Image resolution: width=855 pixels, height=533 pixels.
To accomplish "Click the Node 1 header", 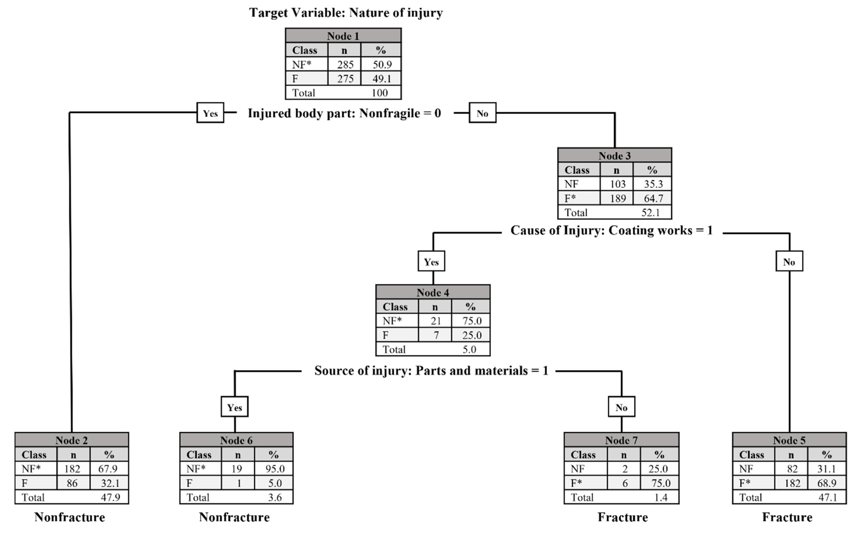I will click(x=343, y=36).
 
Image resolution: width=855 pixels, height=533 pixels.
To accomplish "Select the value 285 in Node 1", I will click(x=345, y=64).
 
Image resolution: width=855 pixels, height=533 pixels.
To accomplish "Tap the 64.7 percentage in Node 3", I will click(x=653, y=198).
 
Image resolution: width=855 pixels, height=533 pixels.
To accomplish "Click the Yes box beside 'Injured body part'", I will click(x=210, y=113).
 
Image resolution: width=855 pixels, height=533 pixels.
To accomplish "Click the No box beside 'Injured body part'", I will click(x=482, y=113).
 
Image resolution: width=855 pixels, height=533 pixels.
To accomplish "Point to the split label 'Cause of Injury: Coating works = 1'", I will click(x=611, y=231).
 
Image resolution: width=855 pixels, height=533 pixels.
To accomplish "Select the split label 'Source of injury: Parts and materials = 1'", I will click(x=431, y=371).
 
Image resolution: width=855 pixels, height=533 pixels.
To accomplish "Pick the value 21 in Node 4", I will click(x=435, y=321).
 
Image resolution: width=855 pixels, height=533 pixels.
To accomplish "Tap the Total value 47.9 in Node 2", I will click(x=110, y=497).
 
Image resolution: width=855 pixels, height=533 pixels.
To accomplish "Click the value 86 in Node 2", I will click(x=72, y=483).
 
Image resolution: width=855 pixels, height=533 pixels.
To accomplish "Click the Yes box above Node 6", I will click(x=234, y=407).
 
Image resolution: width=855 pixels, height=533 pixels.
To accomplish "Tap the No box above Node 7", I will click(x=621, y=407).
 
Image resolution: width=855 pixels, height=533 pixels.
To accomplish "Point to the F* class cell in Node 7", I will click(x=586, y=483).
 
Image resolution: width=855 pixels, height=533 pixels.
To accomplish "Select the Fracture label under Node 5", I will click(x=787, y=517).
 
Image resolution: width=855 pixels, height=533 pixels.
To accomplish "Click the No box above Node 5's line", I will click(x=789, y=262).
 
